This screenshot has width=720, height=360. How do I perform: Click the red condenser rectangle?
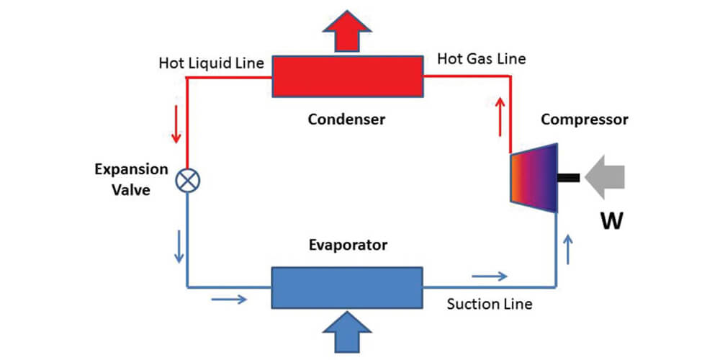[346, 76]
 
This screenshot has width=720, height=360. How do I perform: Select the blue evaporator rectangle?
[346, 287]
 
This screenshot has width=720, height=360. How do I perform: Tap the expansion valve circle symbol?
[187, 181]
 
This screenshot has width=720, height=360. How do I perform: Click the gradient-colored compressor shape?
[534, 178]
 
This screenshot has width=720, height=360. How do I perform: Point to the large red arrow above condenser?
[346, 32]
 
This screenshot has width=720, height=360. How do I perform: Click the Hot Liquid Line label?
[211, 63]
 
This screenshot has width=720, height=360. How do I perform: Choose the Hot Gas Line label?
[482, 59]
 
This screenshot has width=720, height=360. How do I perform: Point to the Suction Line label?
[489, 304]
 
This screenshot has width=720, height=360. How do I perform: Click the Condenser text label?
[346, 120]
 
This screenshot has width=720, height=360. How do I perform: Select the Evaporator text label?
[346, 245]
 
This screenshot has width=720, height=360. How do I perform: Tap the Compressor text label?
[584, 120]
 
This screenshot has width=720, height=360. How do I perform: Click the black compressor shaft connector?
[568, 177]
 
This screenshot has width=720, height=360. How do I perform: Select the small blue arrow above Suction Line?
[489, 276]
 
